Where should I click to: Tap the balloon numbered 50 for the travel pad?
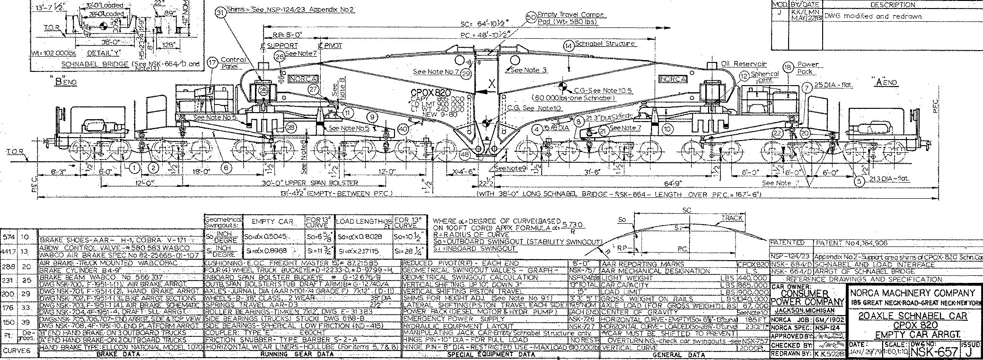pyautogui.click(x=531, y=18)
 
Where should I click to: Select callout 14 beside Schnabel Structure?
pyautogui.click(x=568, y=45)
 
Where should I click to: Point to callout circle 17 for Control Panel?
pyautogui.click(x=213, y=62)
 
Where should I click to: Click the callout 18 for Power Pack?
pyautogui.click(x=788, y=67)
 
